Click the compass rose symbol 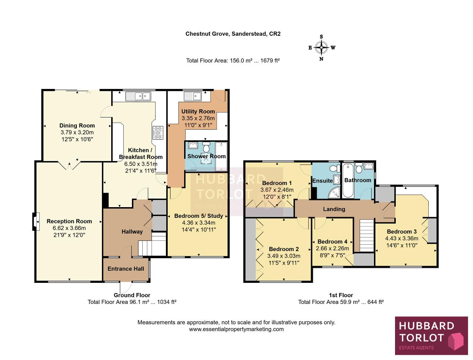pos(321,48)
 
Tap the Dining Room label pos(77,126)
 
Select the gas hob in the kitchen pos(158,133)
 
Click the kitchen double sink pos(138,96)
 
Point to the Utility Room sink pos(193,96)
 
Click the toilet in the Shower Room pos(206,147)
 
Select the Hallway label pos(132,232)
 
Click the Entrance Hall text pos(126,269)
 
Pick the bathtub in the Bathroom pos(348,181)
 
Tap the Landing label pos(334,209)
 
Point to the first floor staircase pos(367,235)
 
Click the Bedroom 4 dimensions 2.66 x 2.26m pos(332,248)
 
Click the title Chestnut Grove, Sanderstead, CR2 pos(233,34)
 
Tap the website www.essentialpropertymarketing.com pos(236,329)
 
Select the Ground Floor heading pos(132,295)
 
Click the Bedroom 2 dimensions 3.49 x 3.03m pos(284,256)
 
